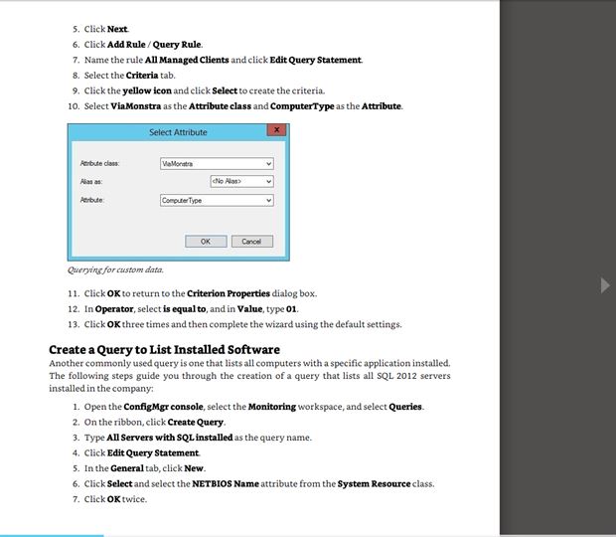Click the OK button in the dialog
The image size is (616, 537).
tap(206, 241)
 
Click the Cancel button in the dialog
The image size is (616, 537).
tap(251, 241)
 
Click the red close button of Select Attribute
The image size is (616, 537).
tap(276, 130)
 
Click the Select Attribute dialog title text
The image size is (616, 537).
tap(178, 131)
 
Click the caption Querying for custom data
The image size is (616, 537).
tap(115, 268)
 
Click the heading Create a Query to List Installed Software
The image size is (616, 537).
tap(164, 349)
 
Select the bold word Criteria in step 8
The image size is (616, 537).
tap(141, 75)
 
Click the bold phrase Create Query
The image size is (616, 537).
tap(203, 422)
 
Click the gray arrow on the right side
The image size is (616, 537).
tap(605, 285)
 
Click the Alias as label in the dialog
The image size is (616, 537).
tap(89, 182)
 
